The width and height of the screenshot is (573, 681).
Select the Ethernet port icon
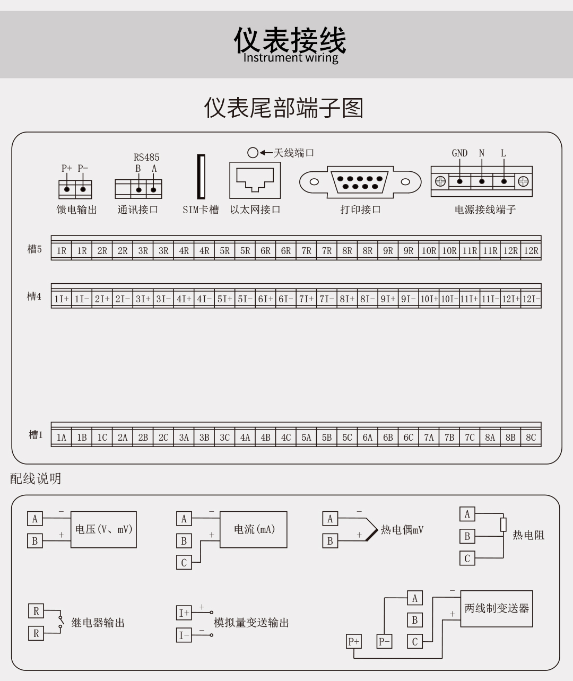(255, 180)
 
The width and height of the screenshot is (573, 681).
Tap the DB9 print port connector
(360, 182)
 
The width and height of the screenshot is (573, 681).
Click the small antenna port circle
(253, 153)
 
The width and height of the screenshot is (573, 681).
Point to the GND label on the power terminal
(459, 153)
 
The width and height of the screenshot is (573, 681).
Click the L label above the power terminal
(503, 153)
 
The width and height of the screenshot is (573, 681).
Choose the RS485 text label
(146, 157)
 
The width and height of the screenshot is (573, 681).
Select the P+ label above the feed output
(66, 168)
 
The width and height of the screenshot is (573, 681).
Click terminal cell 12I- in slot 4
(531, 299)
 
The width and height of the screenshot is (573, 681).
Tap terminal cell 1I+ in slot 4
(62, 299)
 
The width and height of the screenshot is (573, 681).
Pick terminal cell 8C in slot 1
(531, 438)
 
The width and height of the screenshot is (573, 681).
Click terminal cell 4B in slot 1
(265, 438)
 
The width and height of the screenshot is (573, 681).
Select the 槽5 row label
(34, 249)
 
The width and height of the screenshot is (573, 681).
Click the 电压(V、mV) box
(103, 529)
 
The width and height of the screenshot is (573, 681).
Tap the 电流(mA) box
(254, 529)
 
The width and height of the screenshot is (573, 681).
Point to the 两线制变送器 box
(497, 608)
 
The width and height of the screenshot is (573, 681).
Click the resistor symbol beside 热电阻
(503, 525)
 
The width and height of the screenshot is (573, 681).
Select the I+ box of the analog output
(184, 613)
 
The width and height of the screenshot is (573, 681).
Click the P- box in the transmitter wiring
(384, 642)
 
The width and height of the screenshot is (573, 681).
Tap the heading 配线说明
(36, 478)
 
